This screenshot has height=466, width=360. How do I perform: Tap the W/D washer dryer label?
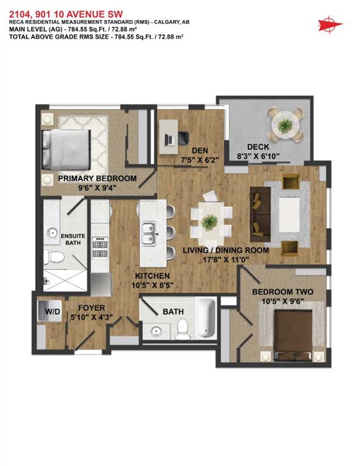(x=53, y=311)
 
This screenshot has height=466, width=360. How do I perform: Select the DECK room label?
(x=258, y=147)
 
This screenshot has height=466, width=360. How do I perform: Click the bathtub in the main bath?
(x=205, y=319)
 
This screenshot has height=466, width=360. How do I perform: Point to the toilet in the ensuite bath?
(x=54, y=257)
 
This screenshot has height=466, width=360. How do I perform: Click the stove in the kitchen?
(x=100, y=248)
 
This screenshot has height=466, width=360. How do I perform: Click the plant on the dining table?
(x=210, y=222)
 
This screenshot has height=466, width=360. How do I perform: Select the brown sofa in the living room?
(x=260, y=214)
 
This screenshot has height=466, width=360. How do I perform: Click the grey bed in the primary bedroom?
(x=66, y=150)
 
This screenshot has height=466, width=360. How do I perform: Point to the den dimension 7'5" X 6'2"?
(x=200, y=160)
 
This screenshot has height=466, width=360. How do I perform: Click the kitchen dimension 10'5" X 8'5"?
(x=152, y=285)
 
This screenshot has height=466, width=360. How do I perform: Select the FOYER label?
(x=92, y=308)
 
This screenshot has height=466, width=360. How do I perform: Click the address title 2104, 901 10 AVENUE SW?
(x=66, y=15)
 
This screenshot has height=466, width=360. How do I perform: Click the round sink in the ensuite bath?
(x=53, y=233)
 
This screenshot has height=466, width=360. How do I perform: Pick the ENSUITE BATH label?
(x=73, y=239)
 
